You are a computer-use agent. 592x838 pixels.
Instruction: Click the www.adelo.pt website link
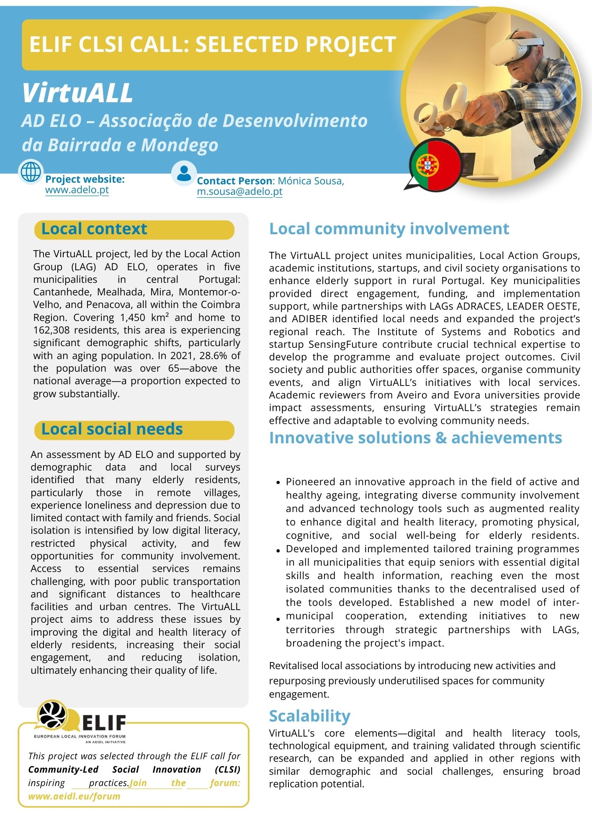[77, 190]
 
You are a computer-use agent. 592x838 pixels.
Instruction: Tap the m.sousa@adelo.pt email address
[239, 191]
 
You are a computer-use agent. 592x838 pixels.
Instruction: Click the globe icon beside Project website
[31, 172]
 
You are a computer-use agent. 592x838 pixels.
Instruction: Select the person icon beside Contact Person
[184, 173]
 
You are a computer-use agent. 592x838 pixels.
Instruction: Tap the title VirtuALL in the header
[77, 93]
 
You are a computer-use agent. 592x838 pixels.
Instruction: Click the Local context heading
[94, 229]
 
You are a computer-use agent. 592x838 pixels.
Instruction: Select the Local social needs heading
[112, 429]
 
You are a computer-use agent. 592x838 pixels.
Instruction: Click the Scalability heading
[309, 716]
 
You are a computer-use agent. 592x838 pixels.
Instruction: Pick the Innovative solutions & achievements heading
[415, 437]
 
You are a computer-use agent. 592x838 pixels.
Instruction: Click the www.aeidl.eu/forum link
[74, 796]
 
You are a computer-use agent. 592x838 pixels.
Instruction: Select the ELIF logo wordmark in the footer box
[104, 722]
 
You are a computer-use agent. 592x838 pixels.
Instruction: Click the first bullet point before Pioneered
[278, 483]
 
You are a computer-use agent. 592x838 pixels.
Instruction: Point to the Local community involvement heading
[389, 229]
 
